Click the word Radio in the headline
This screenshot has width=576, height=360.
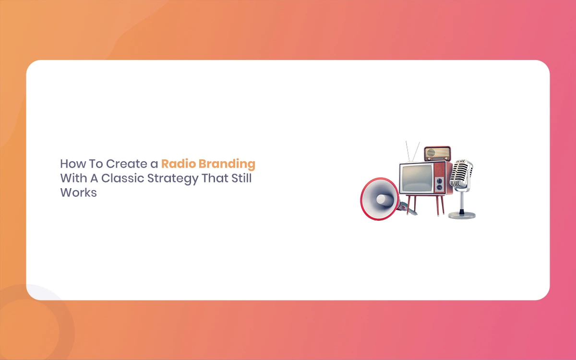(x=179, y=164)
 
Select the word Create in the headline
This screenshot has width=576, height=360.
(x=127, y=164)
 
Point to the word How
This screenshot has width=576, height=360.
(x=73, y=164)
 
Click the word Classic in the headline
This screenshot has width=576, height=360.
(x=122, y=178)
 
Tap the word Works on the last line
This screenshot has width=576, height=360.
(x=78, y=192)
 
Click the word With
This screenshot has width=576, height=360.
(x=73, y=178)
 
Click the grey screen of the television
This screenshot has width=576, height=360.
(x=417, y=179)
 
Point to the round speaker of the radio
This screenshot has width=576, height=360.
(x=431, y=153)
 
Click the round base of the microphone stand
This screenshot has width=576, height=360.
(x=462, y=215)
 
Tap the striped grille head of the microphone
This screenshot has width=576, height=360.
(x=461, y=173)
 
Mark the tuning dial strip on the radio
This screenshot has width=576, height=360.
(x=438, y=159)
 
